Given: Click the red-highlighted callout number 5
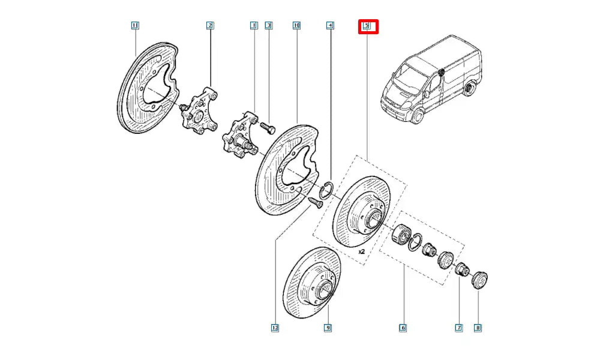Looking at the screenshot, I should [368, 26].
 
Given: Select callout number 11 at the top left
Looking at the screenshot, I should [135, 25].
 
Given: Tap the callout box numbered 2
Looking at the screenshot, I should [210, 25].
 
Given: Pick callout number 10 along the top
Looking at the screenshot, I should [296, 25].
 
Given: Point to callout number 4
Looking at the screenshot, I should [330, 25].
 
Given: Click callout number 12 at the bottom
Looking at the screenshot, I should [275, 328].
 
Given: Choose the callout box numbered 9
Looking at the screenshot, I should [328, 328].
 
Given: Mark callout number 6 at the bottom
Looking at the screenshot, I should [403, 328].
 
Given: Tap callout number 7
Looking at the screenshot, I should [459, 328].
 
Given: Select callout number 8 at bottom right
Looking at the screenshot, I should [478, 328].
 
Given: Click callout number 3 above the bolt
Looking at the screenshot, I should [269, 25].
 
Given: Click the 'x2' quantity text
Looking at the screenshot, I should [362, 253].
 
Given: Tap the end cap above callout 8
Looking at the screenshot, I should [481, 280].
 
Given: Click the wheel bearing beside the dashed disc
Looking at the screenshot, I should [400, 234].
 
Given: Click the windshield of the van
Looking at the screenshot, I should [409, 78].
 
